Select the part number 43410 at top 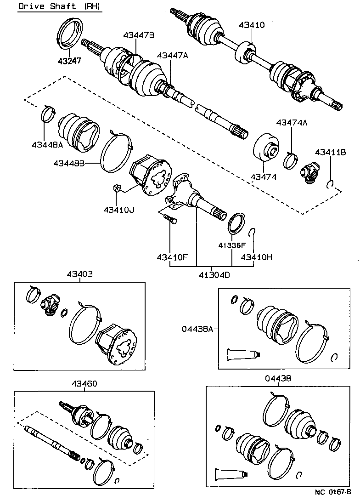pos(252,25)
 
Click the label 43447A pos(172,55)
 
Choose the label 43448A pos(48,145)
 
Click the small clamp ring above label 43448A pos(47,113)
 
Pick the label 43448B pos(69,163)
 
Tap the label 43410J pos(118,210)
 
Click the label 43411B pos(330,152)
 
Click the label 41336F pos(233,245)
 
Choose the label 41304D pos(214,275)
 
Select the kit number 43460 pos(84,384)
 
